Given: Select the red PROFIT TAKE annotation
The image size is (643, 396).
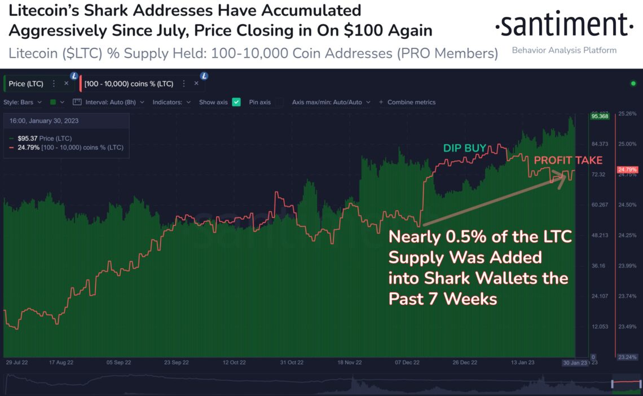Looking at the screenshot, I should click(x=568, y=161).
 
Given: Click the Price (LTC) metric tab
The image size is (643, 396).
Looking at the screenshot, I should click(x=26, y=83).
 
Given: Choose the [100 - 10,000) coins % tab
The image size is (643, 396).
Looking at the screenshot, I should click(x=129, y=83).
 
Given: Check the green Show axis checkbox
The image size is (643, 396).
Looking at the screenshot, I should click(x=236, y=102).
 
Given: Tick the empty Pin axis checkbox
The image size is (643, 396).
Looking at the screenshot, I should click(x=279, y=102).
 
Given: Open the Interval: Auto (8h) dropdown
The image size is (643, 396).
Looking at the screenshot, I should click(x=115, y=102).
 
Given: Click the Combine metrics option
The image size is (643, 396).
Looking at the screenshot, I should click(x=411, y=102).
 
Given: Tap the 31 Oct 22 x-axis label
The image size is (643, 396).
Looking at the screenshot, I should click(x=292, y=363).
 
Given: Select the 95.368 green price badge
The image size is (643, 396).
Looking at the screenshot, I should click(x=599, y=116).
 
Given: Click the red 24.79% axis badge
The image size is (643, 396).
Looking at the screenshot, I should click(x=628, y=169).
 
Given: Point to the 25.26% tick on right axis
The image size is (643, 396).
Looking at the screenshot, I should click(x=627, y=114).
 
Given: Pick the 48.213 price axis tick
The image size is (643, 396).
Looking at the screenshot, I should click(x=599, y=235).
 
